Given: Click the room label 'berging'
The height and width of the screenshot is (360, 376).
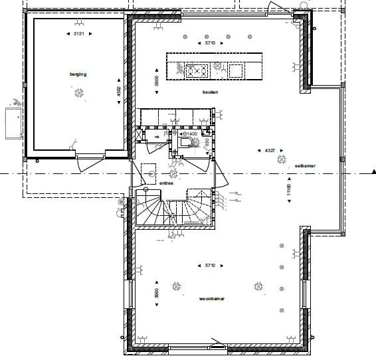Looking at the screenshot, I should coord(78,74).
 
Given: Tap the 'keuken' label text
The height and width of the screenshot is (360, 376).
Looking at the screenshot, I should coord(211,92).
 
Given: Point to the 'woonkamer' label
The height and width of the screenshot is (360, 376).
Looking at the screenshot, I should coord(211,299).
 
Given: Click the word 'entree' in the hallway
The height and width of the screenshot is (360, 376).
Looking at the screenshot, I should coord(166,183).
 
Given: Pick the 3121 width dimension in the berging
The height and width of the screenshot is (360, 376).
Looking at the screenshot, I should coord(78,33).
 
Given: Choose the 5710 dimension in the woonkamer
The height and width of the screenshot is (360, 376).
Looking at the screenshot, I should coord(209,265).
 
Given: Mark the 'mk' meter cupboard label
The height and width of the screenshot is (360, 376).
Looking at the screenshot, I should coord(157,137).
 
